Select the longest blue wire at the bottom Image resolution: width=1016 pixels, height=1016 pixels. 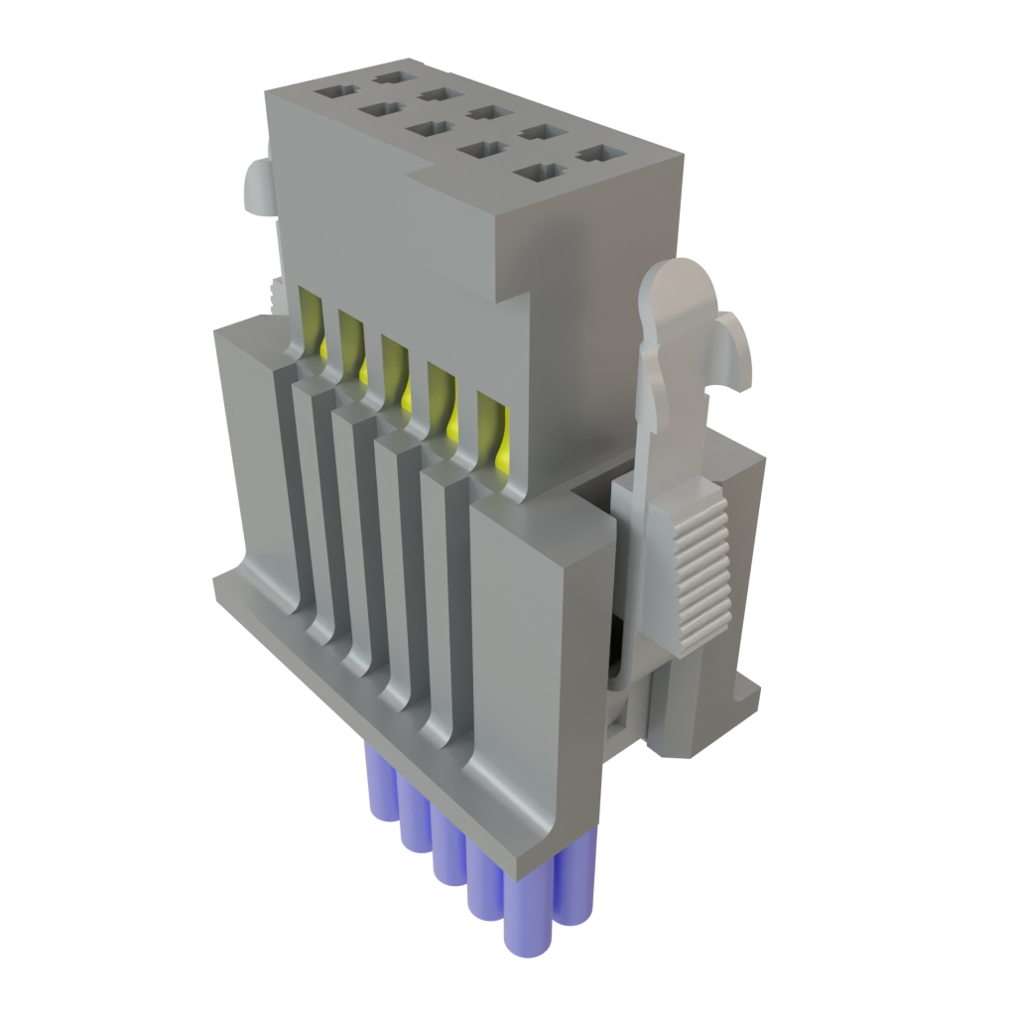(x=525, y=913)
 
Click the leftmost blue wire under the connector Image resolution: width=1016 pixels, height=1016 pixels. (x=380, y=784)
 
